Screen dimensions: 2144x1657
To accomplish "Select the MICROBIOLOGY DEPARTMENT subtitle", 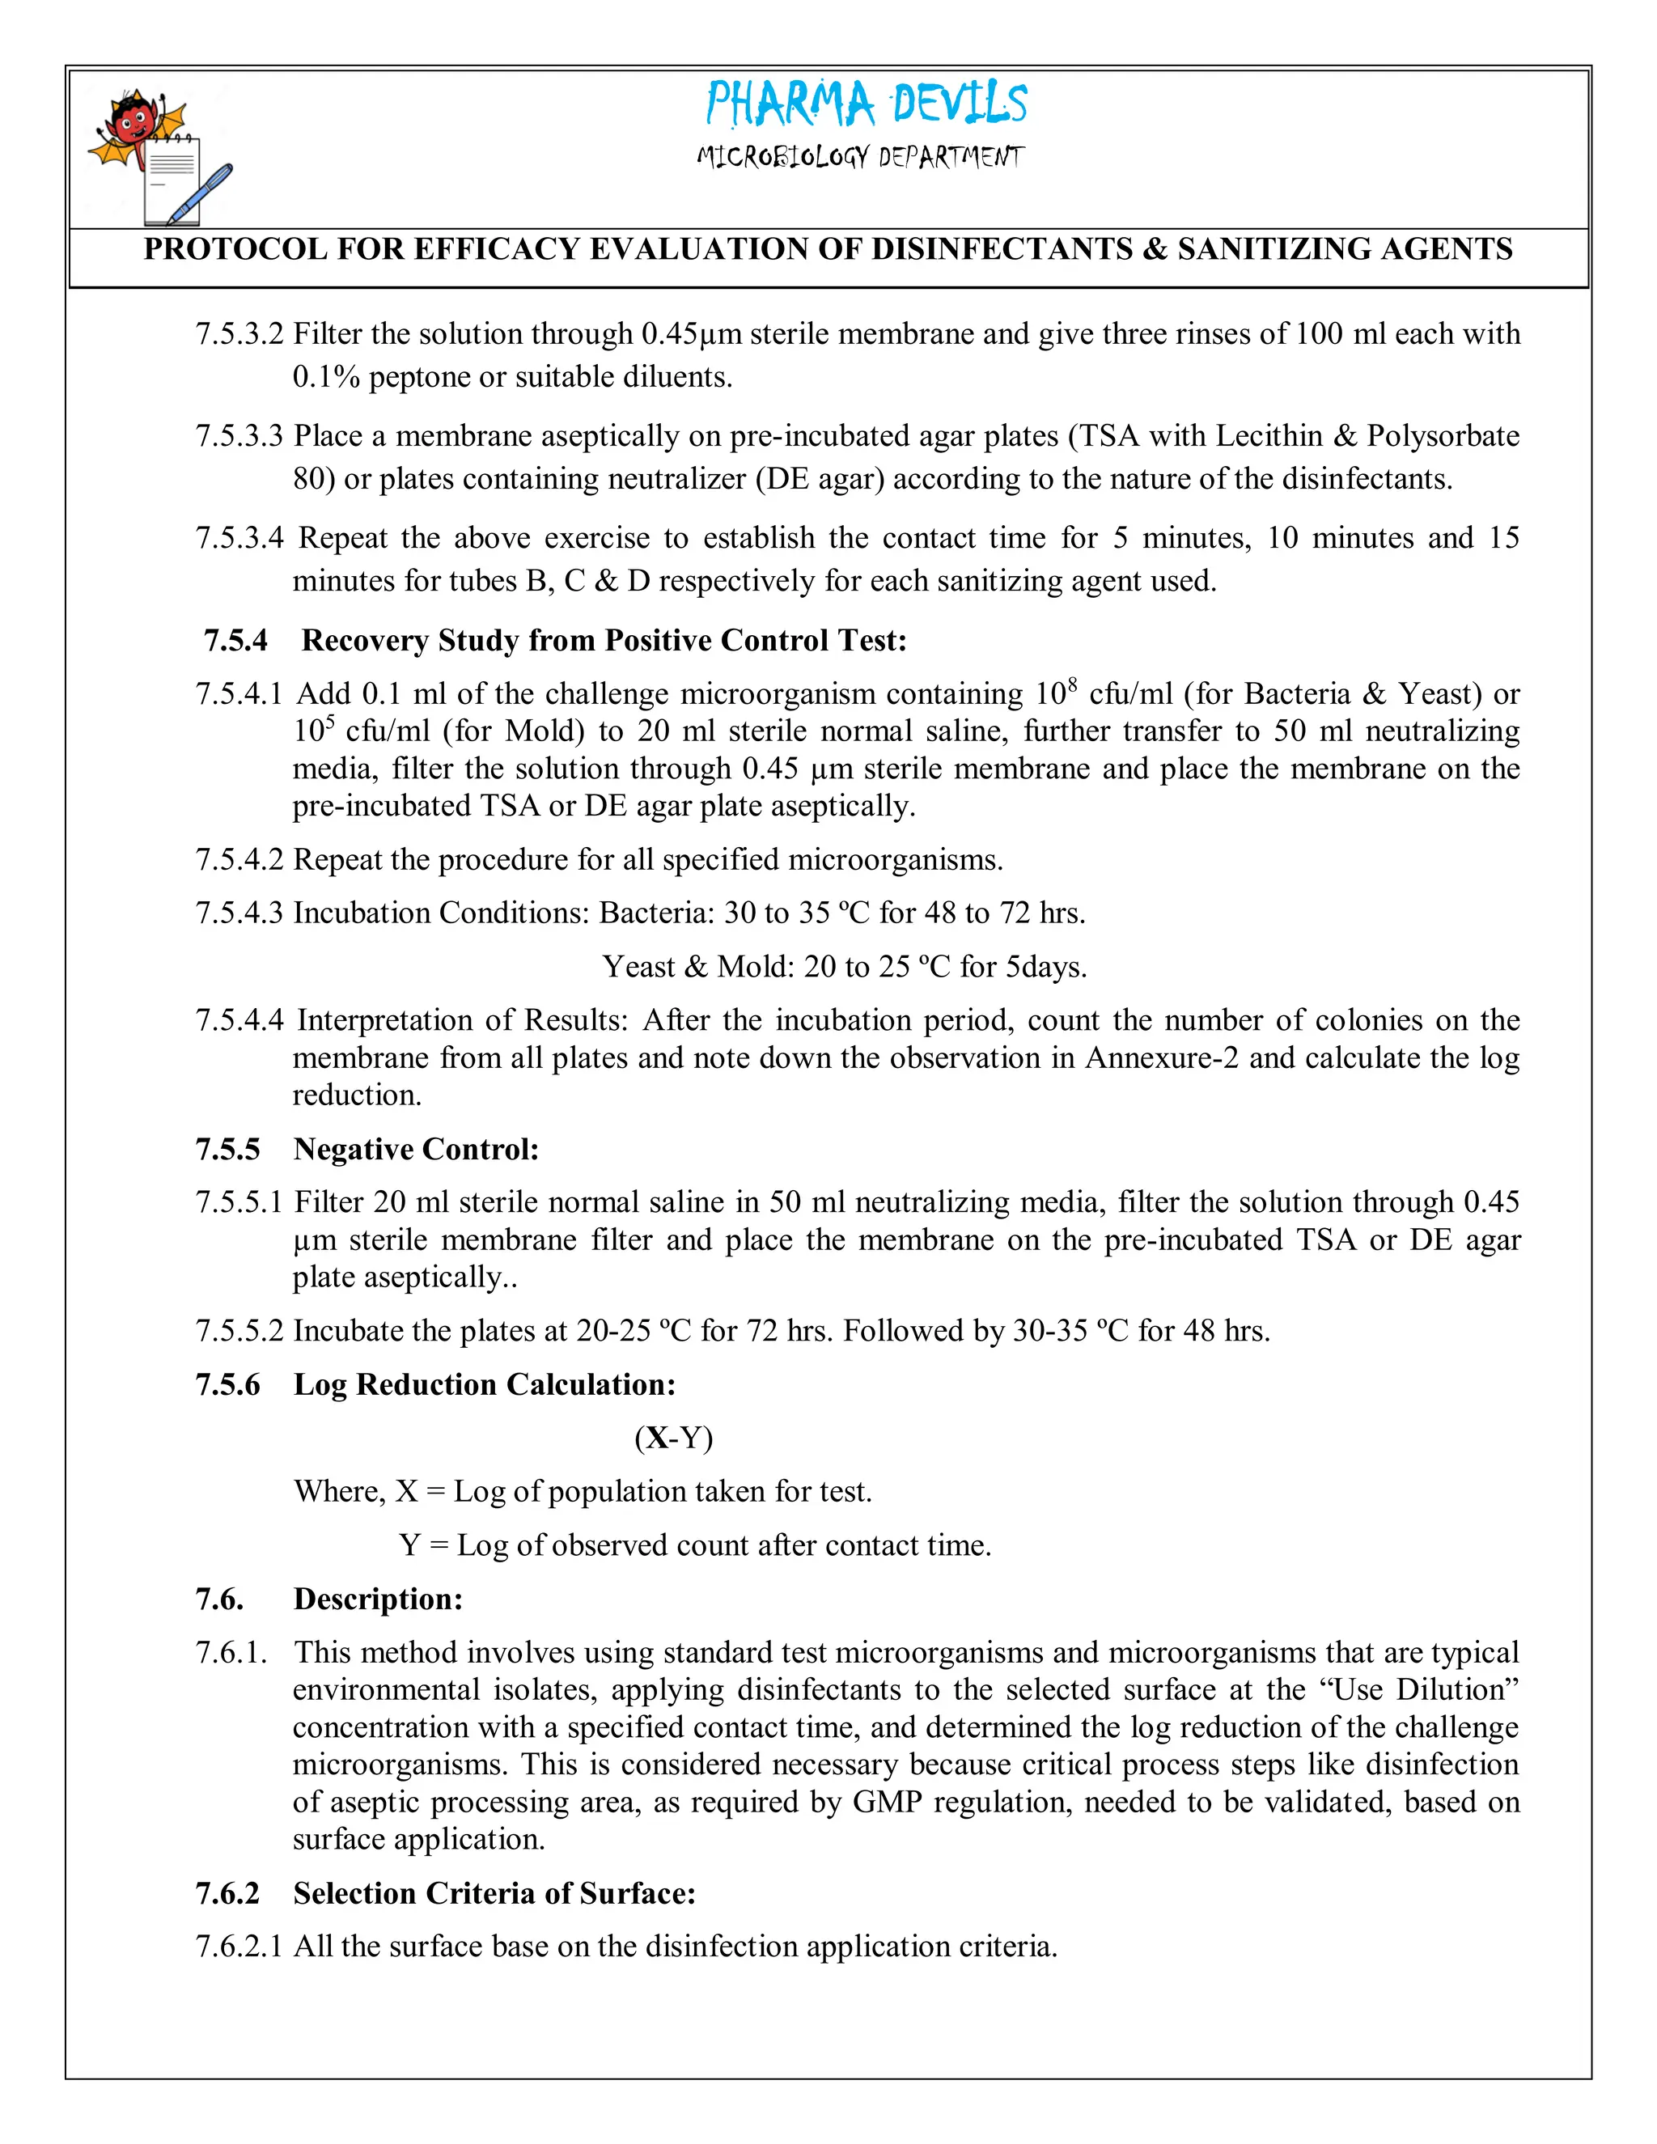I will click(x=860, y=157).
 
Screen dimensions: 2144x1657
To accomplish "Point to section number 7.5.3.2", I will click(x=239, y=335).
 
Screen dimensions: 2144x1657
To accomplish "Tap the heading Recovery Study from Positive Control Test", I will click(x=603, y=641).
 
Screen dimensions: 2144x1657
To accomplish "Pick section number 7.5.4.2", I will click(x=239, y=860).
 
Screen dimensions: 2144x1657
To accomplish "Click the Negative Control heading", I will click(x=416, y=1150).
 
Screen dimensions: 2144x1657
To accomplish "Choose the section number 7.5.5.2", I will click(x=239, y=1331).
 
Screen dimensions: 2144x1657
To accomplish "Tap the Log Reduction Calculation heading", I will click(x=484, y=1385).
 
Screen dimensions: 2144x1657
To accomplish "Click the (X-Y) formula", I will click(x=673, y=1439).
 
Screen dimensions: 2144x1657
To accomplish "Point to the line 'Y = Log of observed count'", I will click(x=695, y=1545).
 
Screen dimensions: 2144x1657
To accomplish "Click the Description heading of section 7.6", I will click(x=378, y=1600).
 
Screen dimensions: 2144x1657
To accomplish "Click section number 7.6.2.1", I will click(x=239, y=1947).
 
